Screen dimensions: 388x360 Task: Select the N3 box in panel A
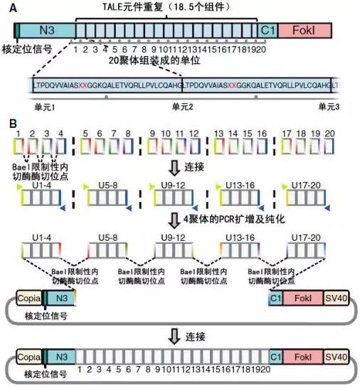(x=46, y=30)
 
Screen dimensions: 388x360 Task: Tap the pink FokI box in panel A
(x=302, y=30)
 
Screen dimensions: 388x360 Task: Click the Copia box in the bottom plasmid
(x=27, y=357)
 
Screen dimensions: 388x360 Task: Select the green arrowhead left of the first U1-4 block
(x=18, y=186)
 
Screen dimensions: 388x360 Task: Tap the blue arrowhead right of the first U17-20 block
(x=337, y=207)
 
